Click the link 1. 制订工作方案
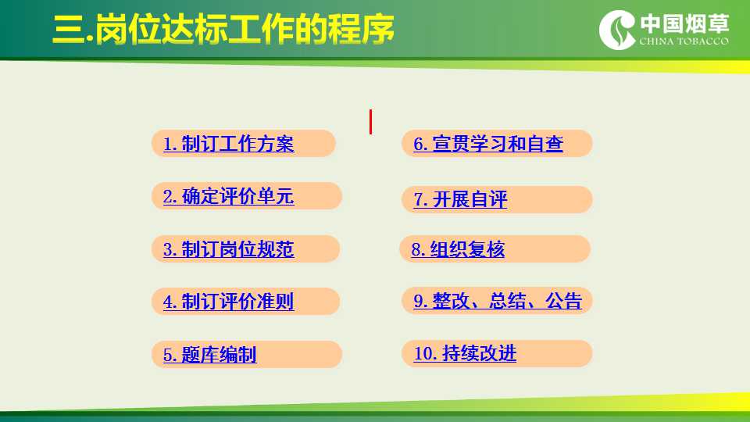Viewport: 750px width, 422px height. click(229, 144)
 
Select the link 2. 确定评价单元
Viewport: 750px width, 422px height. click(229, 197)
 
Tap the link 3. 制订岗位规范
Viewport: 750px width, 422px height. click(229, 249)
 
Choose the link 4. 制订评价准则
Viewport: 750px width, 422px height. click(229, 302)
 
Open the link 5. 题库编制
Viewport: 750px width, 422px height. click(210, 355)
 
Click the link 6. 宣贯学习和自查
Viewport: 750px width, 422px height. click(488, 144)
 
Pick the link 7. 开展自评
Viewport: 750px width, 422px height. click(460, 199)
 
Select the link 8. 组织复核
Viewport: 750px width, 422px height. click(459, 249)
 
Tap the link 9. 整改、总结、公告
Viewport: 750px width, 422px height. click(498, 301)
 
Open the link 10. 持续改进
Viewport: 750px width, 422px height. click(465, 353)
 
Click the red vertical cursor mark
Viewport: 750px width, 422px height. click(370, 122)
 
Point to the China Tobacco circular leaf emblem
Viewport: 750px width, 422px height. click(617, 30)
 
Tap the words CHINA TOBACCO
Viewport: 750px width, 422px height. click(684, 41)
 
